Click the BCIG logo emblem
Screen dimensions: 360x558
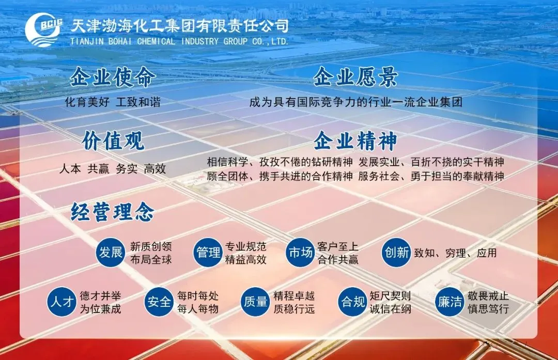coord(43,30)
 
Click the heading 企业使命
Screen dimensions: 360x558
coord(113,77)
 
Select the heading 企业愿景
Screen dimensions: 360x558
coord(355,77)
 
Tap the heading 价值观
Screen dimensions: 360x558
coord(113,141)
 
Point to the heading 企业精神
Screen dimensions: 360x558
coord(355,141)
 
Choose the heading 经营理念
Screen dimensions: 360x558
coord(113,212)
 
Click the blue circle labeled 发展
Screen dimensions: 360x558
coord(111,253)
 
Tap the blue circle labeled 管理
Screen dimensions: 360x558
coord(208,253)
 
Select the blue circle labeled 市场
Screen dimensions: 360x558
coord(300,253)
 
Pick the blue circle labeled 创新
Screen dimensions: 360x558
coord(396,253)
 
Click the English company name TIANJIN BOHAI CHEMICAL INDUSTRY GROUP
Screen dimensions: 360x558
coord(179,41)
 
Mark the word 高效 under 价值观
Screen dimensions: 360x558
coord(155,169)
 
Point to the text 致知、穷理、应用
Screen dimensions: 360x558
coord(455,253)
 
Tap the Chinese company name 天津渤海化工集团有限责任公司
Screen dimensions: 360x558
coord(179,25)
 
